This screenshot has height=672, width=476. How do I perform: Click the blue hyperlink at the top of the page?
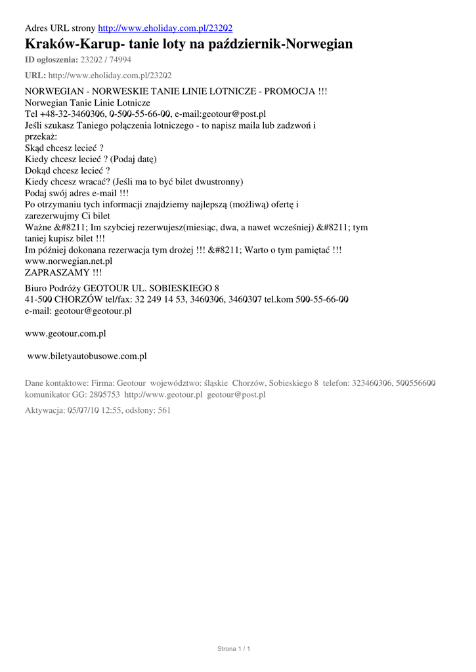click(x=165, y=28)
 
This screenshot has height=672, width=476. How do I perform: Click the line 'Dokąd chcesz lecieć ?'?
click(x=67, y=171)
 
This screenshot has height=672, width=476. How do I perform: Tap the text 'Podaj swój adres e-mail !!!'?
click(x=76, y=193)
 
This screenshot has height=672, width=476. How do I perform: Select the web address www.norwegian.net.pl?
click(x=68, y=261)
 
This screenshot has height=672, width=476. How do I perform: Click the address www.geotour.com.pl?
click(x=65, y=334)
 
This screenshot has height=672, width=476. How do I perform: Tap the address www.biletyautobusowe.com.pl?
click(x=86, y=356)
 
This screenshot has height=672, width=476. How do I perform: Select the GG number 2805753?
click(x=104, y=395)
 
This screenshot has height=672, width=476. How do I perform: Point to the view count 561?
click(x=164, y=410)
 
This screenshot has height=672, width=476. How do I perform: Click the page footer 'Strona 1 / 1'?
click(x=234, y=649)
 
